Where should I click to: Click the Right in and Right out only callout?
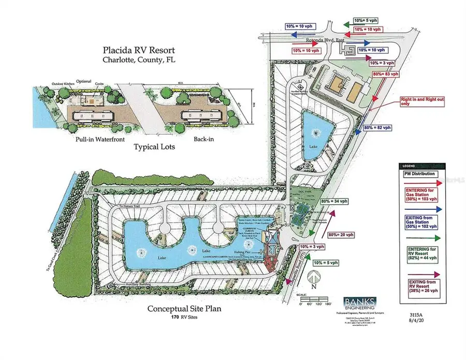tap(418, 101)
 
